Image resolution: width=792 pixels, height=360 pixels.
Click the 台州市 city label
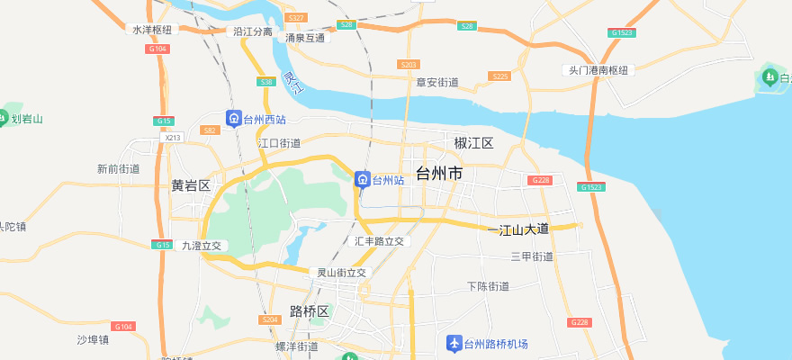pos(439,173)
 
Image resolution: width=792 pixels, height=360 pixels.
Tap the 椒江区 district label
pos(474,143)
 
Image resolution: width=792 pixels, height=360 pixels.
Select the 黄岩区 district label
pos(190,186)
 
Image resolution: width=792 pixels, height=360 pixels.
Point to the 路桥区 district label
pos(309,311)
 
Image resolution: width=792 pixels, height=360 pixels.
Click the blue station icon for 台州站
pos(362,180)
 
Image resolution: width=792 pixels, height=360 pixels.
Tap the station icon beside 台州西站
pos(233,119)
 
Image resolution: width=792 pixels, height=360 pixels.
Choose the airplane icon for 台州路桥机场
pos(454,344)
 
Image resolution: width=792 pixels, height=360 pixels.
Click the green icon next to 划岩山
pos(4,118)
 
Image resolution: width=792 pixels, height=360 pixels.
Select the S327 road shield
pos(295,18)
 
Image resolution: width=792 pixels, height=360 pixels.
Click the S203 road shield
pos(409,65)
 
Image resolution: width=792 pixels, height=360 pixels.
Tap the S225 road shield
pos(499,76)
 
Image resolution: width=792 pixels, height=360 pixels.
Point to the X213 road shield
pos(174,138)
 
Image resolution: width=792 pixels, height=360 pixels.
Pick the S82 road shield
pos(211,130)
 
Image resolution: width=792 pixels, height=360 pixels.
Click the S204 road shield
pos(270,319)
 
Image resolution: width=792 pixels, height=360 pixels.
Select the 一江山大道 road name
pos(518,230)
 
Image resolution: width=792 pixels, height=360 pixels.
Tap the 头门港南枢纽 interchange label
pos(597,70)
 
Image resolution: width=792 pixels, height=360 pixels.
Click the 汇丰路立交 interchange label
pos(380,241)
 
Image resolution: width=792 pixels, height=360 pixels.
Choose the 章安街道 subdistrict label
pos(437,83)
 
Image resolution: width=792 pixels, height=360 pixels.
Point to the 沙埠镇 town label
pos(93,340)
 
